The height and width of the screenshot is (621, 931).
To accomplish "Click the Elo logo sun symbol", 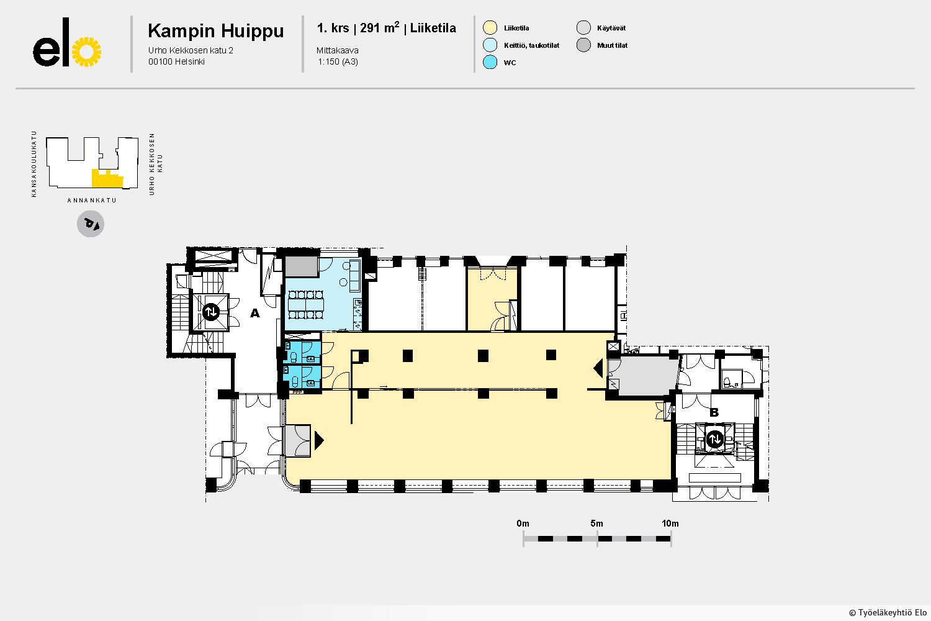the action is click(86, 52).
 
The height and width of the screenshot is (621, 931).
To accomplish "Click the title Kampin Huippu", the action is click(216, 31).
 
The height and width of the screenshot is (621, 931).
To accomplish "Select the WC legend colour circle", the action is click(490, 62).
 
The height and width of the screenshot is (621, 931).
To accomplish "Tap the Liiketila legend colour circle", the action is click(490, 27).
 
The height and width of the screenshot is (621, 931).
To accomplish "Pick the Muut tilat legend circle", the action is click(583, 45).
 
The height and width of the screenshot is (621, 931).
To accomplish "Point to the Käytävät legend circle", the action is click(583, 27).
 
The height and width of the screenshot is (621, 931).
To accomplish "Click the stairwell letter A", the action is click(254, 313).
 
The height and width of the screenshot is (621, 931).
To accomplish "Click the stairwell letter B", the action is click(714, 412).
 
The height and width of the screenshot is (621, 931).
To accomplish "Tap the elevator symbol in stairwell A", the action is click(211, 312).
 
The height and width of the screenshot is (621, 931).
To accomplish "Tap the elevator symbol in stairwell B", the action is click(715, 438).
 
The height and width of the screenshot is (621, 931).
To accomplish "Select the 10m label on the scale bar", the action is click(670, 524).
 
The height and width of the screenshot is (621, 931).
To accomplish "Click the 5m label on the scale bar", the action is click(596, 524).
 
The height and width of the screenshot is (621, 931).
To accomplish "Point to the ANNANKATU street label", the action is click(92, 200).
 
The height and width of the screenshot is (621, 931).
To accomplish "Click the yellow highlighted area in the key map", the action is click(107, 179).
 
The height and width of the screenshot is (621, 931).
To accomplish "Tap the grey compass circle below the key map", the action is click(91, 224).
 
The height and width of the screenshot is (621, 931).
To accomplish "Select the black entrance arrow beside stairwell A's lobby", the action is click(319, 440).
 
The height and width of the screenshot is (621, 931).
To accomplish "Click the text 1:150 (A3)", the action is click(338, 61).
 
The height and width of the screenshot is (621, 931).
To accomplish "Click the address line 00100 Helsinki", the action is click(176, 61).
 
